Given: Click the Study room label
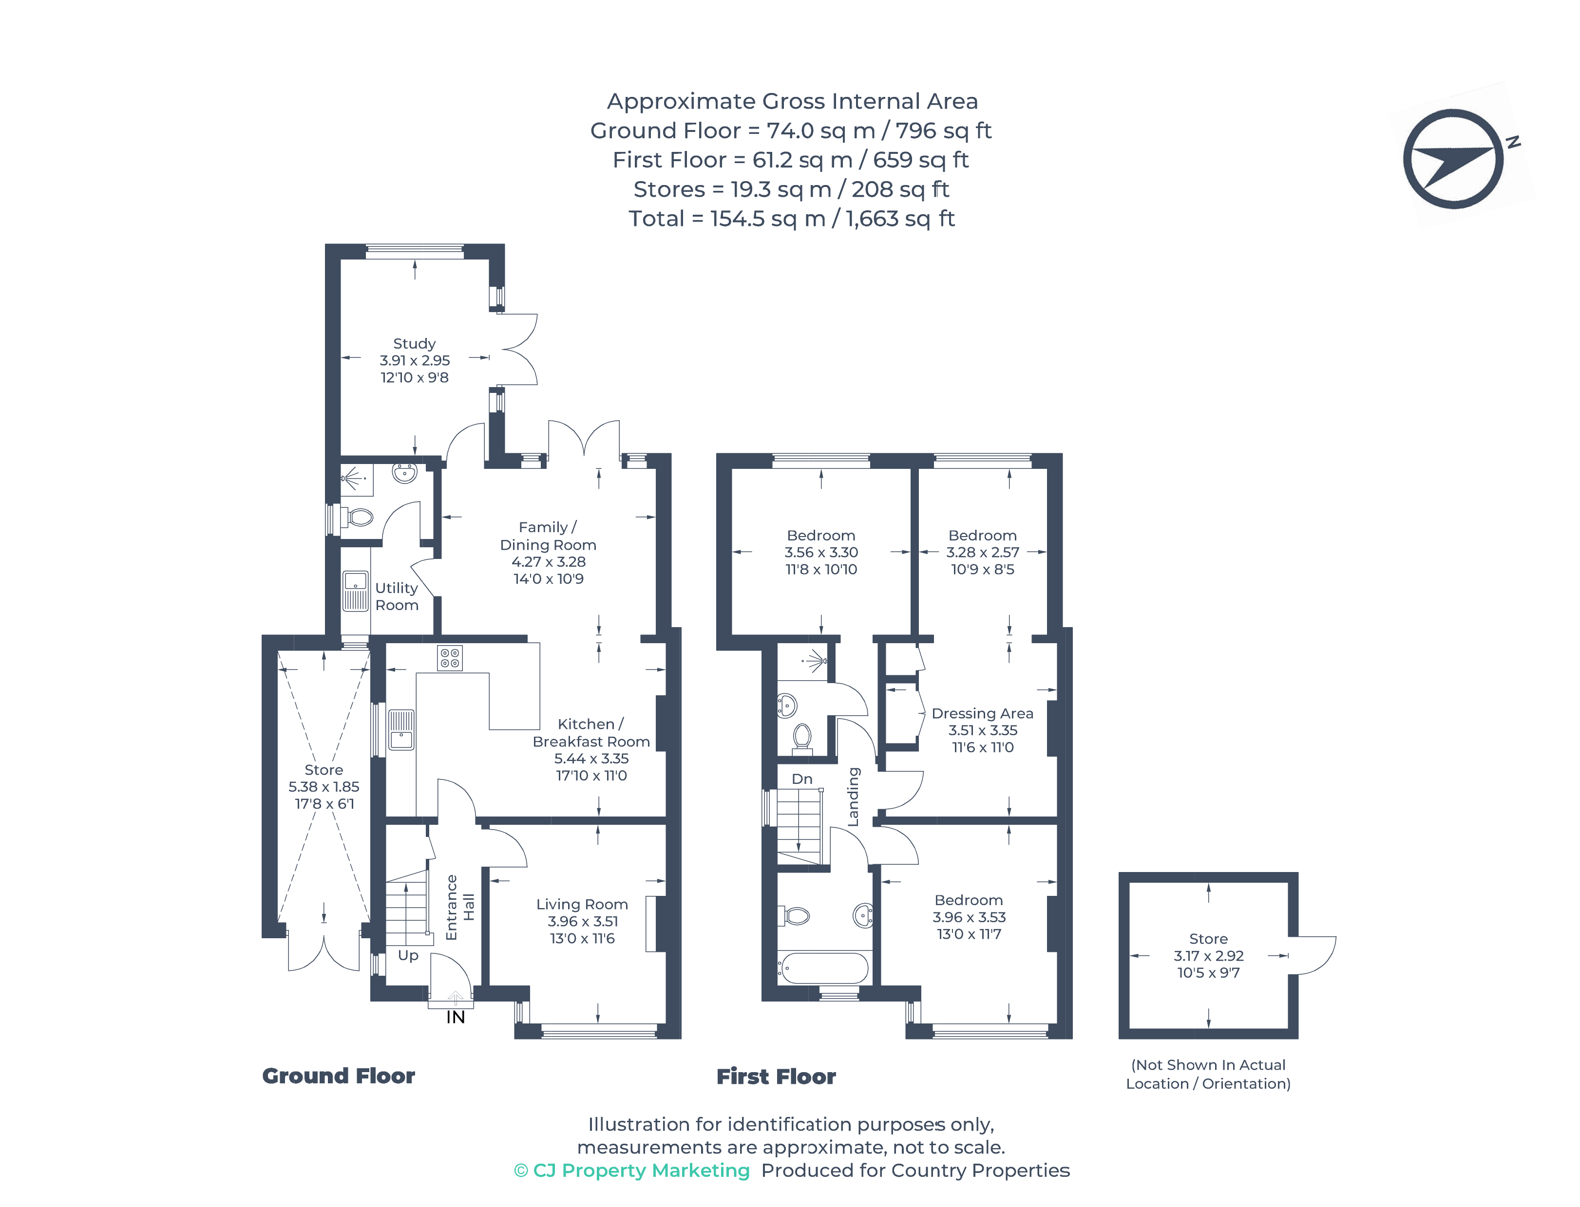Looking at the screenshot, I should (414, 343).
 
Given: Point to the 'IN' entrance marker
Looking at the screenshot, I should (455, 1017).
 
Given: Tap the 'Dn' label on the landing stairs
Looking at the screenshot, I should (801, 779).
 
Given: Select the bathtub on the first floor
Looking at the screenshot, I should (824, 968).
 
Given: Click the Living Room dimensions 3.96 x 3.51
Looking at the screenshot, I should (582, 921).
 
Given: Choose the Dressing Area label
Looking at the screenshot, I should (982, 713).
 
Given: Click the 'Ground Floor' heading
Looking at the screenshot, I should (338, 1076).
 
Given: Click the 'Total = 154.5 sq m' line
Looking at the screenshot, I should (791, 219).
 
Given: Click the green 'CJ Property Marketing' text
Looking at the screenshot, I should (632, 1170).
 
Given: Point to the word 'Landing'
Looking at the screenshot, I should (853, 797).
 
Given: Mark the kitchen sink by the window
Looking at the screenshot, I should (401, 730).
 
